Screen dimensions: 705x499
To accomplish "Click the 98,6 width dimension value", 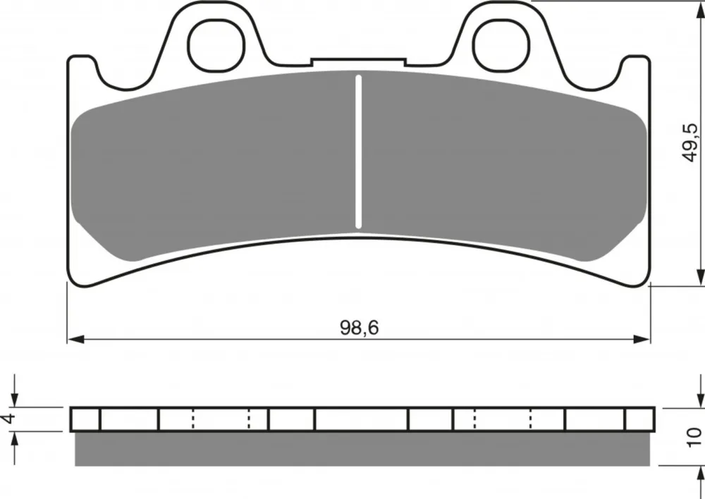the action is coord(360,328).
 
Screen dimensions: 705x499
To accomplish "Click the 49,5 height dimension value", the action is coord(690,142).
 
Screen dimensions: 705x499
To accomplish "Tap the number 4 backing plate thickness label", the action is coord(8,419).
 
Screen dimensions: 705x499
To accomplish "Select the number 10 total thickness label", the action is coord(694,438).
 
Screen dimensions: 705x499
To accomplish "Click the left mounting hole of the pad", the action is coord(216,46).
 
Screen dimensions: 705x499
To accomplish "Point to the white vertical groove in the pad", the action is coord(358,152).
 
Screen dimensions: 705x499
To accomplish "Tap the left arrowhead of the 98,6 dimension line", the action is coord(75,339).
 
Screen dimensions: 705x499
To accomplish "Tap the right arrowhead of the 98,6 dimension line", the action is coord(642,339).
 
